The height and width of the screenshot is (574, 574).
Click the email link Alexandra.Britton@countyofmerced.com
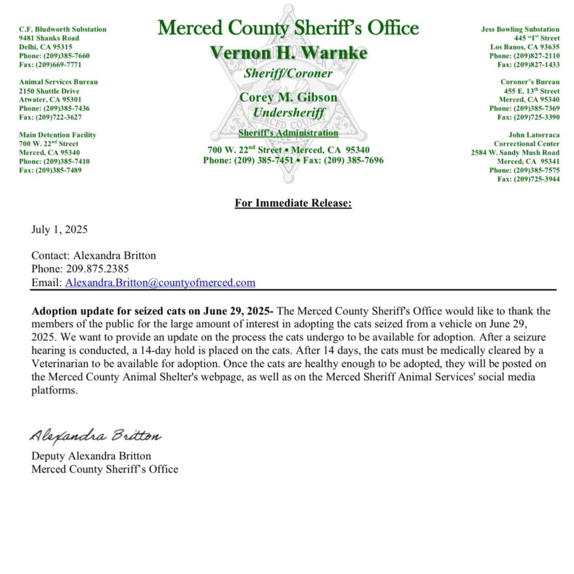tap(160, 283)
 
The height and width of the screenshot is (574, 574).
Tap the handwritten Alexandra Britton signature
tap(95, 436)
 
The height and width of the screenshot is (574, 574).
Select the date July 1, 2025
tap(59, 230)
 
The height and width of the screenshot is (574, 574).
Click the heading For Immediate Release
tap(293, 203)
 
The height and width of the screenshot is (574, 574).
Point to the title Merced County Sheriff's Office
tap(288, 28)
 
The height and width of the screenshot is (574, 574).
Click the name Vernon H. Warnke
tap(288, 53)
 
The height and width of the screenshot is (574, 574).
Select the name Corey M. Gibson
tap(288, 97)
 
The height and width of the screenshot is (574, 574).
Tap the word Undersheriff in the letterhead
tap(289, 113)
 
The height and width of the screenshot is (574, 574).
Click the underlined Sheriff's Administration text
tap(288, 133)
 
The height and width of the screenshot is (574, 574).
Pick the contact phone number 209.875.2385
tap(97, 269)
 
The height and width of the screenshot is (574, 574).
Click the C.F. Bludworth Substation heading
tap(63, 29)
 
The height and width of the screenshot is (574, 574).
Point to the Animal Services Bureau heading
tap(58, 82)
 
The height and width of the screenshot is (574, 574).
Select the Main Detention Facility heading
tap(57, 135)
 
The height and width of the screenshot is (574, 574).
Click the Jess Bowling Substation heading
tap(520, 29)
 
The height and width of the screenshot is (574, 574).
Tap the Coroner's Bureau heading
tap(530, 82)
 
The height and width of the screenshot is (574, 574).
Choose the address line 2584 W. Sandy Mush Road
tap(515, 153)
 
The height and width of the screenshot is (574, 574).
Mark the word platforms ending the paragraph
tap(54, 390)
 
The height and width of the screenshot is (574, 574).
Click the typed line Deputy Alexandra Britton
tap(91, 456)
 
